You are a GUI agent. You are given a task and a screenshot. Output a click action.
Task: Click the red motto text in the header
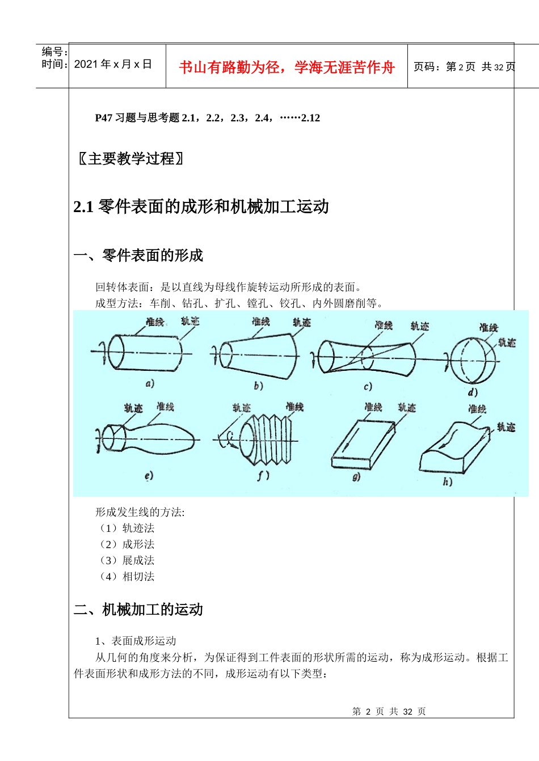[287, 67]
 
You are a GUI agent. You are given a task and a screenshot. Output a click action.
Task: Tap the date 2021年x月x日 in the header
[113, 64]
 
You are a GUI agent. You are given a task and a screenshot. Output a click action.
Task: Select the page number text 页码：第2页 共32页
[464, 67]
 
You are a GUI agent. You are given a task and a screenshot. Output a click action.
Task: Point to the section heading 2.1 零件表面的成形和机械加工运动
[201, 206]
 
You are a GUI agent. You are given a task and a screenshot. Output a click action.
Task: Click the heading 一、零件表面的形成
[138, 255]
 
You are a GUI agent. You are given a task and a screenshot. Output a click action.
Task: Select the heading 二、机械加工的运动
[138, 610]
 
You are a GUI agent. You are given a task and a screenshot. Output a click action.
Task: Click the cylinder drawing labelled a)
[145, 353]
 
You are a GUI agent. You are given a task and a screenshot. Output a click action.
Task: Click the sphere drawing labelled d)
[473, 361]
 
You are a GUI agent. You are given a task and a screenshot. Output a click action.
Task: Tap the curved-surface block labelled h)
[454, 448]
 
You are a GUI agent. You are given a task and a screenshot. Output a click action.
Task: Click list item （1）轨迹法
[125, 528]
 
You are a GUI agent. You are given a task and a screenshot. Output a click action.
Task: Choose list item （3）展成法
[125, 560]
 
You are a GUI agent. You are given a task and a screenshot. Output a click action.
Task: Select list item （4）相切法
[125, 576]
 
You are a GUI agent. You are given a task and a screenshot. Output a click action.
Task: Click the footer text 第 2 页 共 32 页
[389, 711]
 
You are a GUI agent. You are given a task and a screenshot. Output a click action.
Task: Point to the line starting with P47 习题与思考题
[207, 118]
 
